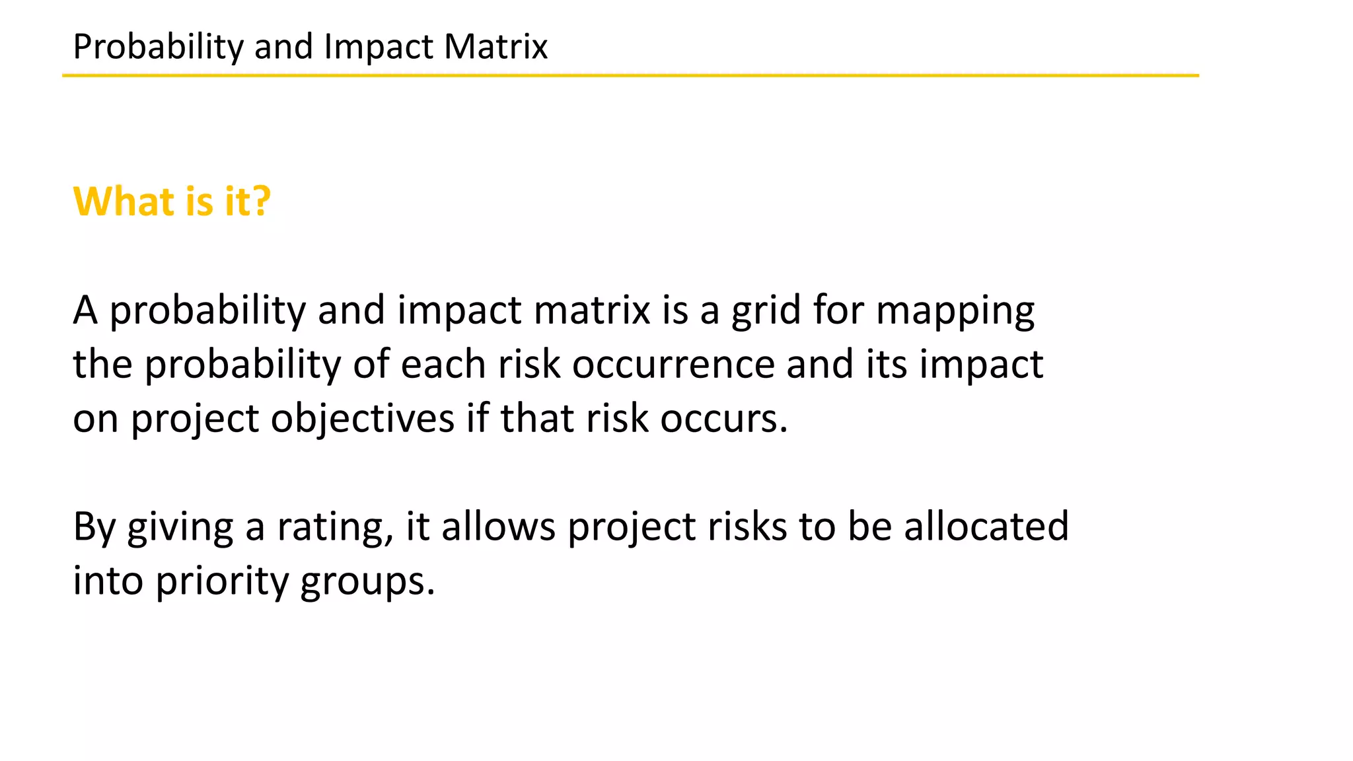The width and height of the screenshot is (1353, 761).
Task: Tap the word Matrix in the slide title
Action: pos(495,47)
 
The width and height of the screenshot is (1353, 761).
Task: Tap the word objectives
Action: pos(362,419)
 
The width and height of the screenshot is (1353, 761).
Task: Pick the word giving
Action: pos(180,528)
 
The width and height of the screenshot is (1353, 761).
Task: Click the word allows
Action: pos(499,526)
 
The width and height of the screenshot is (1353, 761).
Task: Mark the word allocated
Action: pos(986,526)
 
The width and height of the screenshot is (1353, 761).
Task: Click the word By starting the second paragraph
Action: pos(94,528)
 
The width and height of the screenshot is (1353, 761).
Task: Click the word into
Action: pos(108,581)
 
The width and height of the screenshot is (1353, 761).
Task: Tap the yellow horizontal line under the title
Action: pos(630,76)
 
